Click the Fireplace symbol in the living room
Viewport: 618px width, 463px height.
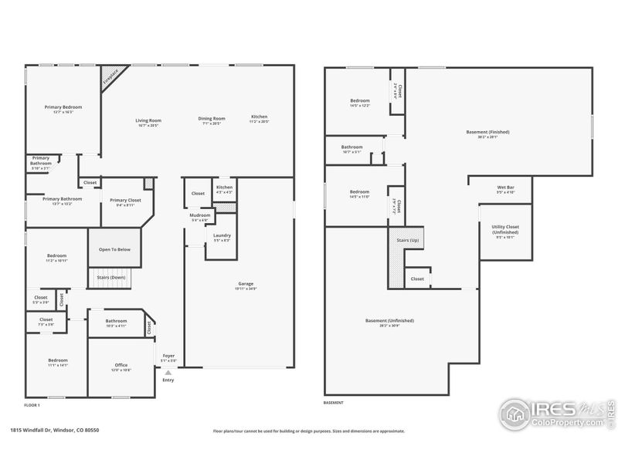coord(110,75)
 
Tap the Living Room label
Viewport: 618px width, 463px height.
coord(148,120)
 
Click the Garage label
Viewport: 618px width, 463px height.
coord(246,284)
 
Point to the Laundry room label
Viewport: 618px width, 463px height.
coord(222,236)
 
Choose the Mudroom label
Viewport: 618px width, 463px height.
coord(200,215)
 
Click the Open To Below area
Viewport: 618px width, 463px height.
coord(114,249)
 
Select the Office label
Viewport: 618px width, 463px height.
coord(121,365)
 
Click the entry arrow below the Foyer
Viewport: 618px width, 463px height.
coord(168,373)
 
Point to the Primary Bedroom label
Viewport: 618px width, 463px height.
coord(63,107)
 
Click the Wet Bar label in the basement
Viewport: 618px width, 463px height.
coord(506,188)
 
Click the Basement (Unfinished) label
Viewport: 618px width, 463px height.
coord(389,320)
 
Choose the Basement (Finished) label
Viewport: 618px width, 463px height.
coord(487,132)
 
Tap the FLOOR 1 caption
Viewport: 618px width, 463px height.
coord(32,405)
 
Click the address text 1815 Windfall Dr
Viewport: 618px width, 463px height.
coord(39,431)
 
